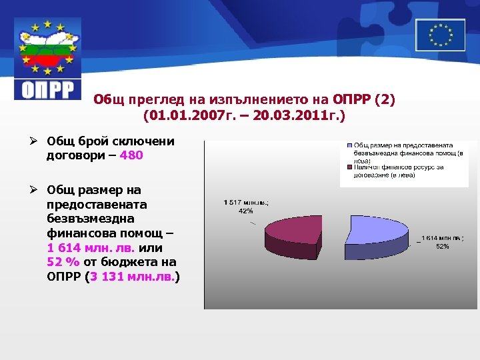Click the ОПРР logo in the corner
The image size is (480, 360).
click(47, 59)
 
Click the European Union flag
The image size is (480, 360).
click(440, 35)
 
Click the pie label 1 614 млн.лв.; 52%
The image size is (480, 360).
click(441, 241)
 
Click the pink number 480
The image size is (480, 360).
click(131, 155)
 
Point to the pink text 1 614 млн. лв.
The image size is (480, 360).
click(91, 247)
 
